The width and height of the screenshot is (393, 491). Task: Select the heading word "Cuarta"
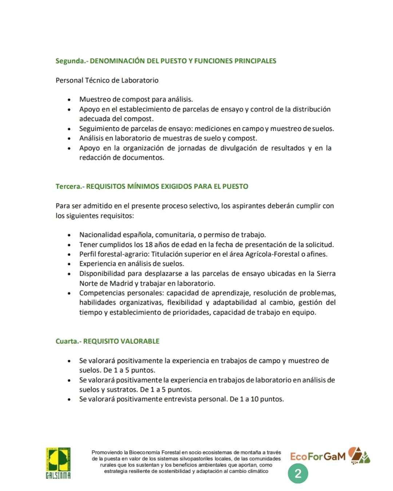(x=66, y=341)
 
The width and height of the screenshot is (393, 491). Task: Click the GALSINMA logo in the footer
(x=58, y=463)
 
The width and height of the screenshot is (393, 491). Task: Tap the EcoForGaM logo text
(x=318, y=456)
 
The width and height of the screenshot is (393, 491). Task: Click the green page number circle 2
(x=298, y=474)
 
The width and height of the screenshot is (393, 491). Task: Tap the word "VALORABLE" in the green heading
(x=140, y=341)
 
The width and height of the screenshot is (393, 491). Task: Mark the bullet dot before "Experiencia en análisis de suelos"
(x=69, y=264)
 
